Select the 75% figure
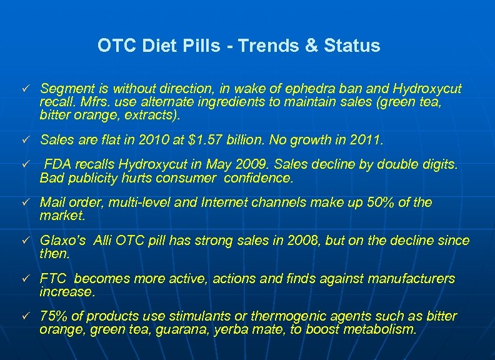54,316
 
